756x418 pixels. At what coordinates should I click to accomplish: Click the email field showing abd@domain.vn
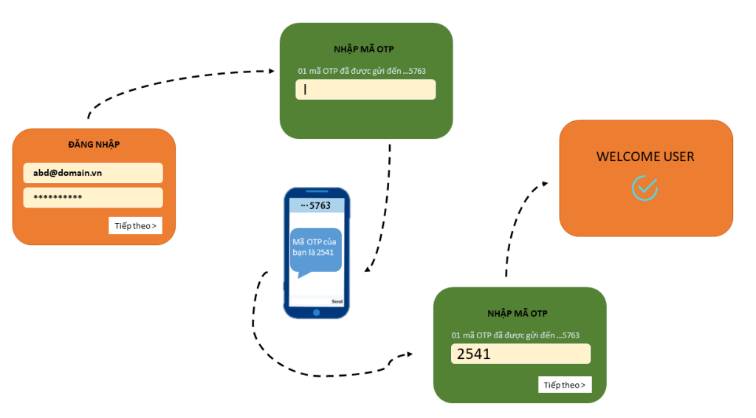93,173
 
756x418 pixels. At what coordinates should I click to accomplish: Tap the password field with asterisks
93,198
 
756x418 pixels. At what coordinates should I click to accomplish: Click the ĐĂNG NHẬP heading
94,145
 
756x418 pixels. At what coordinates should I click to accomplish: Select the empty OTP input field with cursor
365,89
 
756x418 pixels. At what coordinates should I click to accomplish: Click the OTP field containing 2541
520,354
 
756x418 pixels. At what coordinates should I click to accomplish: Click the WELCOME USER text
645,157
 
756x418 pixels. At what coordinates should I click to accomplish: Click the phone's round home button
317,312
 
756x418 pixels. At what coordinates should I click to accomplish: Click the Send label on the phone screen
337,301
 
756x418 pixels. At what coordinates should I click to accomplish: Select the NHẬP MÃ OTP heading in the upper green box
365,50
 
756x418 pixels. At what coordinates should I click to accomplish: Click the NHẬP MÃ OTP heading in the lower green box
518,314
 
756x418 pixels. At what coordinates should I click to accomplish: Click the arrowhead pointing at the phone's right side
366,271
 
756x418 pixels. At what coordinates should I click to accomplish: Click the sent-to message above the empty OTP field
361,71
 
